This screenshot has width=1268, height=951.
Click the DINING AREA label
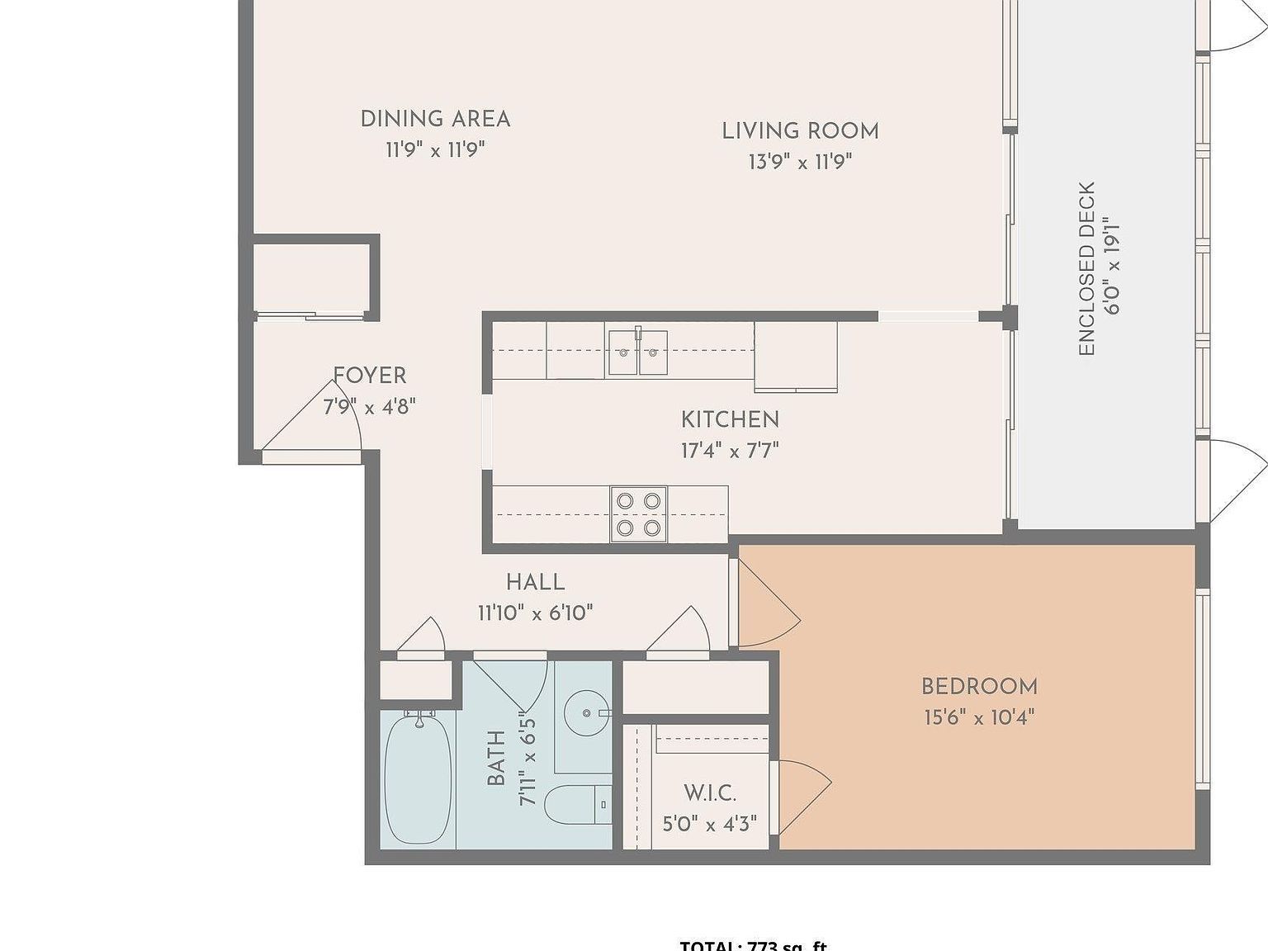(x=435, y=119)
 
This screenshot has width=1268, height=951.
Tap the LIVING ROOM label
(x=800, y=131)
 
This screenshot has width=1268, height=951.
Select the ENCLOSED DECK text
(x=1086, y=268)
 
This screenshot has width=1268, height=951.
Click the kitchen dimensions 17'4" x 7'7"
(x=730, y=451)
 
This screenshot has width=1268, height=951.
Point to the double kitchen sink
(x=637, y=352)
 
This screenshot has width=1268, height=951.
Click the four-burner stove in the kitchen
(x=638, y=514)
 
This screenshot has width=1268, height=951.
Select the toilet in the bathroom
(x=577, y=804)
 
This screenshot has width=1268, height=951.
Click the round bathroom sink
(x=588, y=712)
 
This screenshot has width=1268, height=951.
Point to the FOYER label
(x=370, y=376)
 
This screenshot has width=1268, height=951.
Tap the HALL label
(x=535, y=582)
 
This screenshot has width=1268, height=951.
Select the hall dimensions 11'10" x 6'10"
(x=535, y=613)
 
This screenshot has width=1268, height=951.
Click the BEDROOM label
(x=979, y=686)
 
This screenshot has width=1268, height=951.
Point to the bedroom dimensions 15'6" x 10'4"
(x=979, y=717)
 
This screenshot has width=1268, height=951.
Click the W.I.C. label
(x=709, y=793)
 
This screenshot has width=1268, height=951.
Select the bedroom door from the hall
(x=766, y=603)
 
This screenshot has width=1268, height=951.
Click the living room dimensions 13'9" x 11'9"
(x=800, y=162)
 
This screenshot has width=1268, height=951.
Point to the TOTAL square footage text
(x=753, y=945)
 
